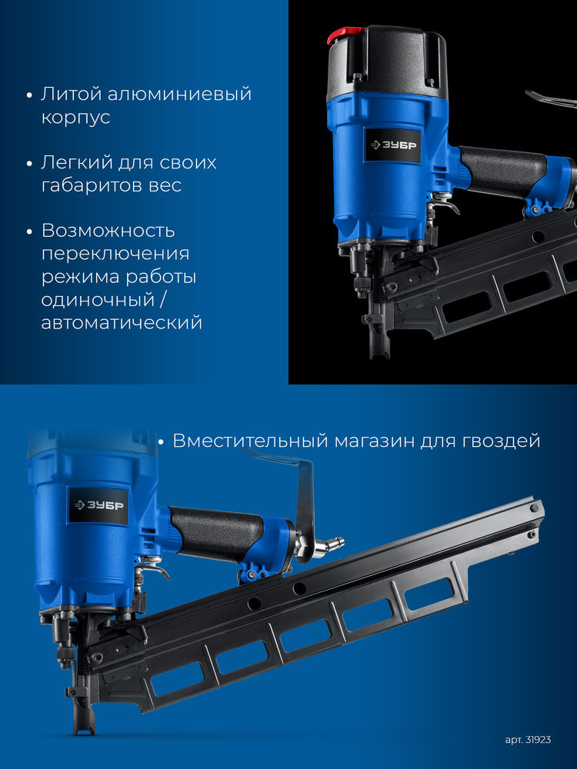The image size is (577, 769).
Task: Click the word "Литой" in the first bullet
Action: pos(68,95)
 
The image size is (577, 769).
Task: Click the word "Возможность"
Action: pos(108,231)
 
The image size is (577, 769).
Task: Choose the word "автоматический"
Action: pos(122,322)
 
